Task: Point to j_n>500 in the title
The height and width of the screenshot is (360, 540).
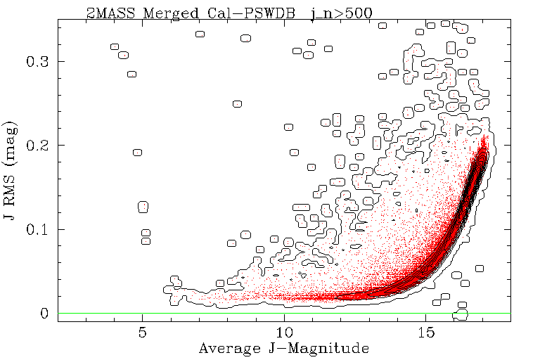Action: [341, 12]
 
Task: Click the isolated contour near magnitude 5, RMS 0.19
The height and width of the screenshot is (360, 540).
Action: [138, 153]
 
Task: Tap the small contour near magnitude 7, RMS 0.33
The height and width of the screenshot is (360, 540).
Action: [200, 34]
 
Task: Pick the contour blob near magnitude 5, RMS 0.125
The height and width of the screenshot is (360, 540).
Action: [143, 207]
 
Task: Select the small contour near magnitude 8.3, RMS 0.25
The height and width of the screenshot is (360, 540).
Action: [238, 103]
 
